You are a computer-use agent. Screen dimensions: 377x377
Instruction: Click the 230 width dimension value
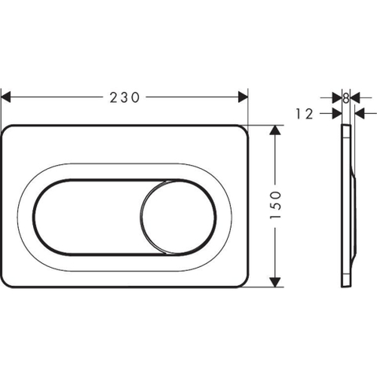[x=125, y=97]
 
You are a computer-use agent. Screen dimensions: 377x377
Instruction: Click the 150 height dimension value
[x=276, y=205]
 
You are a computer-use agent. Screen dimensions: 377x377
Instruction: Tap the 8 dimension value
[x=346, y=98]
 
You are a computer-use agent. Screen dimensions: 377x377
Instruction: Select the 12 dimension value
[x=305, y=114]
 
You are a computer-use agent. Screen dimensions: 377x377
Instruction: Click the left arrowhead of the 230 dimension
[x=5, y=97]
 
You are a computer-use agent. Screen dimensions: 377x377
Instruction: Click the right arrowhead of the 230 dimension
[x=243, y=97]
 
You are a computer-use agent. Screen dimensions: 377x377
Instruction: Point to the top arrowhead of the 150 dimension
[x=275, y=130]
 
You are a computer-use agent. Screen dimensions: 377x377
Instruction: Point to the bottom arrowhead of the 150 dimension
[x=275, y=282]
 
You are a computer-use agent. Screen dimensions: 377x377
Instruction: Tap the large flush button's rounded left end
[x=34, y=217]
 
